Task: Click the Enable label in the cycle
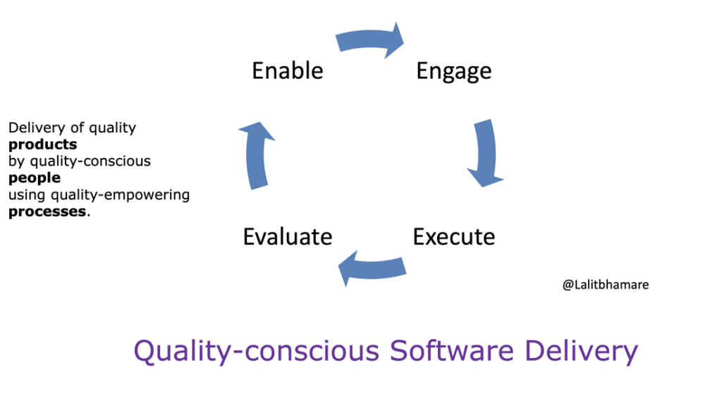click(288, 70)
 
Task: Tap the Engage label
click(453, 71)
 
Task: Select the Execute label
click(453, 236)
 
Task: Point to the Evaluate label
click(288, 237)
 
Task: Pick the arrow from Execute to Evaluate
click(371, 268)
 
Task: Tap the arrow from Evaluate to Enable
click(255, 155)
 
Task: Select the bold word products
click(42, 144)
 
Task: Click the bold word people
click(34, 178)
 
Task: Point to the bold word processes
click(47, 211)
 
